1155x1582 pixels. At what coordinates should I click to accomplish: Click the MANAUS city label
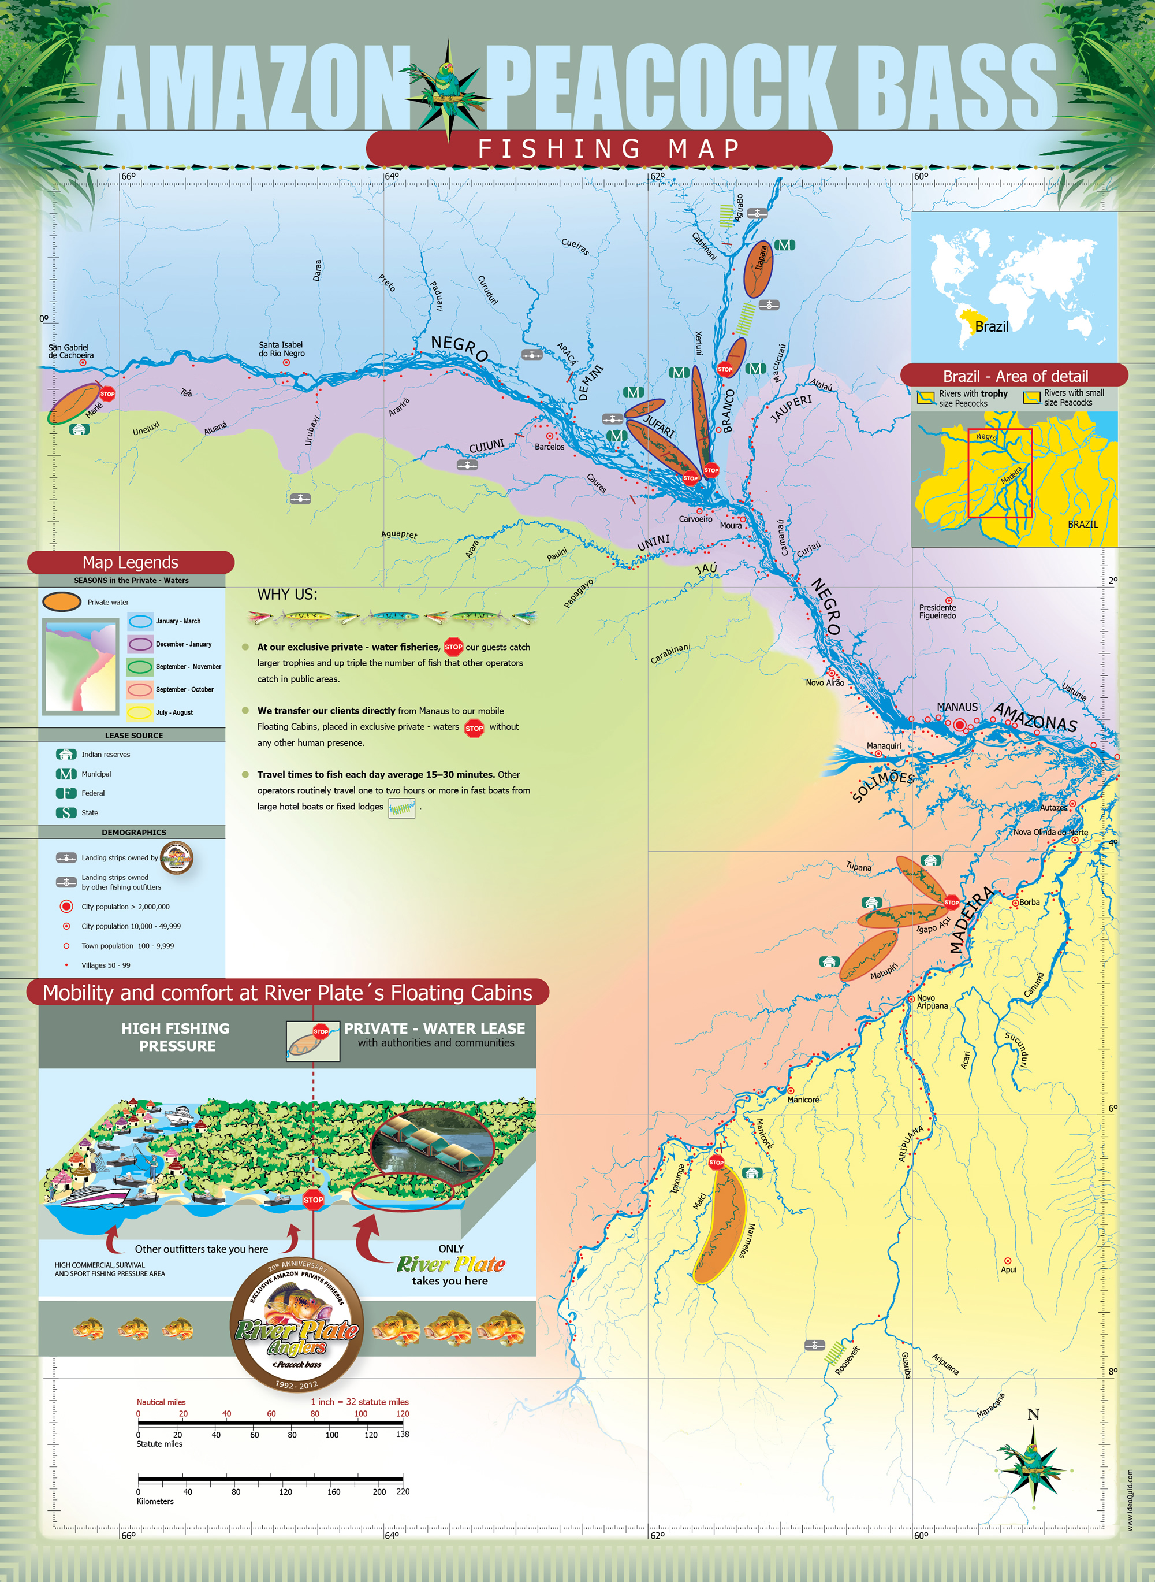[x=956, y=707]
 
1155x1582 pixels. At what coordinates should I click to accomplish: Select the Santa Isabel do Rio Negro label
[x=281, y=349]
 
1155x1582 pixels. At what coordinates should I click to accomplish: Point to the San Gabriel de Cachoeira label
[x=70, y=351]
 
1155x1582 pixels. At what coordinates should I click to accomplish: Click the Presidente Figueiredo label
[x=937, y=611]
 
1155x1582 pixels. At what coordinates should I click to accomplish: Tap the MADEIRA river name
[x=971, y=920]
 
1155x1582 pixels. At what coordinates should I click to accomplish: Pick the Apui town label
[x=1008, y=1269]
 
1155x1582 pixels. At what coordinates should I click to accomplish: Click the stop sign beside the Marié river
[x=107, y=393]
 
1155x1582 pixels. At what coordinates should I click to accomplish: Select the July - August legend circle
[x=140, y=712]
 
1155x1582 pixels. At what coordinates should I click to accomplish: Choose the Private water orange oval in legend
[x=62, y=601]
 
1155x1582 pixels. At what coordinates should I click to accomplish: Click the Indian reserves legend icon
[x=66, y=754]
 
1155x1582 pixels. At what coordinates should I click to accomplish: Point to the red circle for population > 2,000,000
[x=66, y=907]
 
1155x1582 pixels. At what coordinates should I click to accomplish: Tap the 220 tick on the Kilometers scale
[x=403, y=1491]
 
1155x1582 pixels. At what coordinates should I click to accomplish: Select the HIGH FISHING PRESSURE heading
[x=176, y=1037]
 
